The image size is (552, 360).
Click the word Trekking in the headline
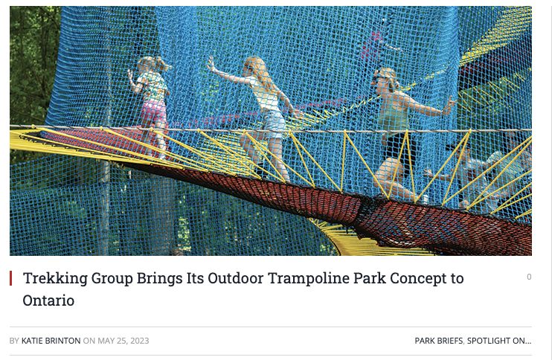(55, 278)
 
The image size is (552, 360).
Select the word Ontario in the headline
(48, 300)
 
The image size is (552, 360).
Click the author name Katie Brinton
(51, 341)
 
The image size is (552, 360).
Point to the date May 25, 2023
(123, 341)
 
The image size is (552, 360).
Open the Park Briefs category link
(439, 341)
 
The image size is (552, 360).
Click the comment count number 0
(529, 277)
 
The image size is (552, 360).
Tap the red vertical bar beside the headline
(11, 278)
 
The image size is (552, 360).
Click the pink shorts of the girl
(153, 112)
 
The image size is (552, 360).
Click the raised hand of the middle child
(211, 64)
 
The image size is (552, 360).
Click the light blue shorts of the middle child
(274, 123)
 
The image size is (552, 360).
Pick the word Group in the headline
(112, 278)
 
